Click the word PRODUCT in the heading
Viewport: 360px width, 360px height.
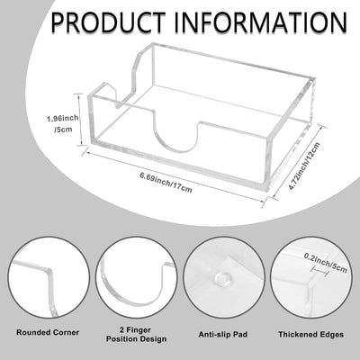108,22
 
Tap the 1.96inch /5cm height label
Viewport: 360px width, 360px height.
62,124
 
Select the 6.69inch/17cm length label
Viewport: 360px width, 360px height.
166,182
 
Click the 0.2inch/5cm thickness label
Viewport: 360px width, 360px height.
326,263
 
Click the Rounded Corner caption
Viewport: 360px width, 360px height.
48,332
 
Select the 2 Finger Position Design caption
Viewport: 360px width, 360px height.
136,335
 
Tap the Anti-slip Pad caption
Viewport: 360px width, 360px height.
223,334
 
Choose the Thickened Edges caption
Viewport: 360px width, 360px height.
310,334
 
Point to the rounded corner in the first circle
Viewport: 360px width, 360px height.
48,273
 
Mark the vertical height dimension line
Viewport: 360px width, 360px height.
80,120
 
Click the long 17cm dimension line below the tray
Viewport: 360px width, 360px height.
175,176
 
